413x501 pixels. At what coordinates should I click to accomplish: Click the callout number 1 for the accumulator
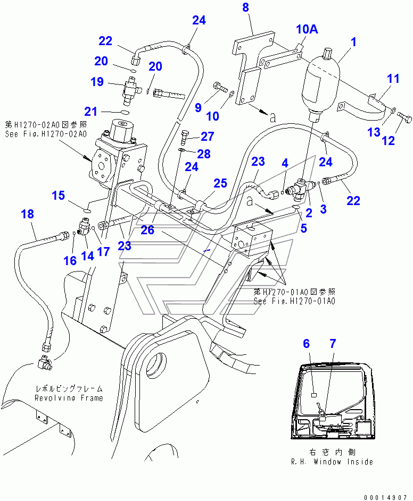pyautogui.click(x=353, y=42)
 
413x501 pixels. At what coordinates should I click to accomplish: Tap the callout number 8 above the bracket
pyautogui.click(x=245, y=7)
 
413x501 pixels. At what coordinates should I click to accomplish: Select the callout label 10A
pyautogui.click(x=307, y=29)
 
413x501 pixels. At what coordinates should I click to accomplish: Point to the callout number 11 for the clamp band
pyautogui.click(x=393, y=79)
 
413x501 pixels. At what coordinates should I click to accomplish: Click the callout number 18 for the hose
pyautogui.click(x=28, y=214)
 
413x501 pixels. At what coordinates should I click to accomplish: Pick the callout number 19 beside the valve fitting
pyautogui.click(x=97, y=81)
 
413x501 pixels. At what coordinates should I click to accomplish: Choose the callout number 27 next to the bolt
pyautogui.click(x=207, y=137)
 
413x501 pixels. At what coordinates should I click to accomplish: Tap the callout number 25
pyautogui.click(x=220, y=183)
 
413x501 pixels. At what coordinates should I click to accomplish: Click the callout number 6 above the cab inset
pyautogui.click(x=307, y=344)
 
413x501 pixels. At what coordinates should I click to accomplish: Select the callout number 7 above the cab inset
pyautogui.click(x=333, y=344)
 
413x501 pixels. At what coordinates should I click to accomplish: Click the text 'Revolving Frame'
pyautogui.click(x=69, y=398)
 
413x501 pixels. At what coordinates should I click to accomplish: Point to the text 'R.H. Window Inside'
pyautogui.click(x=332, y=462)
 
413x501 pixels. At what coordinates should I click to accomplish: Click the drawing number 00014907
pyautogui.click(x=385, y=497)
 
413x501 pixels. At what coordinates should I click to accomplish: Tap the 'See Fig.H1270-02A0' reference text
pyautogui.click(x=46, y=134)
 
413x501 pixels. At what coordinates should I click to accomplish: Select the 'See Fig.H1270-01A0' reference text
pyautogui.click(x=294, y=301)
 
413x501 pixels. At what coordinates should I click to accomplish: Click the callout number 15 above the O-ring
pyautogui.click(x=58, y=196)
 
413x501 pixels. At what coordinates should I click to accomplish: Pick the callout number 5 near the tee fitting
pyautogui.click(x=303, y=228)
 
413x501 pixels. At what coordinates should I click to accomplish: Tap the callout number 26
pyautogui.click(x=147, y=230)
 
